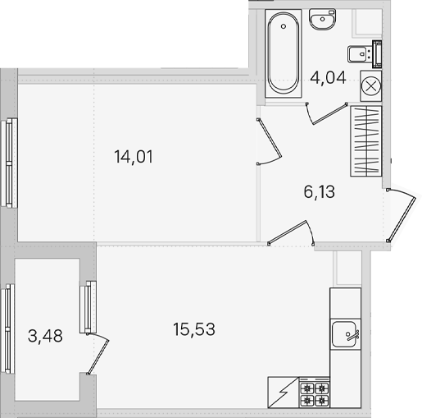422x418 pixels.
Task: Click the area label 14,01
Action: point(134,157)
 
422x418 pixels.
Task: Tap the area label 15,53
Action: point(194,329)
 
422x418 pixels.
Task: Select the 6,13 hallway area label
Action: point(319,192)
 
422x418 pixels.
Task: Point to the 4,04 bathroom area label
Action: point(328,77)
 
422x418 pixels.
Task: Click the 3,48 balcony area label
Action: point(45,336)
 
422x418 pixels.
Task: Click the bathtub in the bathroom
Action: point(284,53)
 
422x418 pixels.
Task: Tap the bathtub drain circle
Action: point(284,26)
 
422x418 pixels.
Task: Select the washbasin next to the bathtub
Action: point(322,19)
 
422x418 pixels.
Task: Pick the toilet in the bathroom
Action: point(365,54)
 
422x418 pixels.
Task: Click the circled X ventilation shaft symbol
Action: point(370,86)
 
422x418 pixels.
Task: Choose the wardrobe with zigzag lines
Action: point(365,141)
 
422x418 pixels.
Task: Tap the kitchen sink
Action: point(345,334)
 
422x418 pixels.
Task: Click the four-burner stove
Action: point(315,393)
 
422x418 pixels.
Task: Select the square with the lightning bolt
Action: point(284,393)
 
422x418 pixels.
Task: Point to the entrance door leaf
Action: point(402,219)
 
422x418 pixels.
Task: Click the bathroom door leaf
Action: point(329,114)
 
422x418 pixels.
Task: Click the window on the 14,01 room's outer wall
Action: point(9,162)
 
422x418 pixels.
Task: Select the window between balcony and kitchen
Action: point(88,307)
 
